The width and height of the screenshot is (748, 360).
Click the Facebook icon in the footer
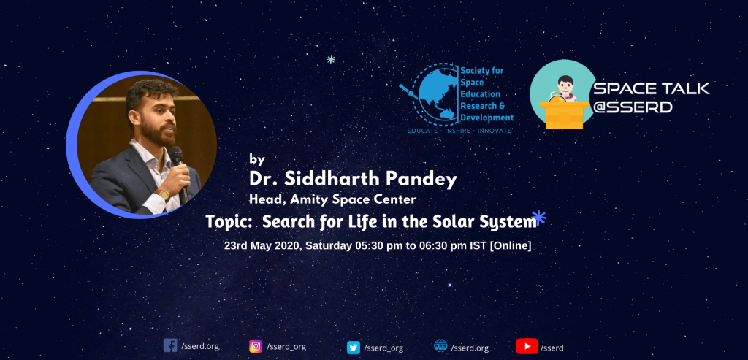[169, 345]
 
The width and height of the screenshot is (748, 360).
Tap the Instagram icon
[256, 345]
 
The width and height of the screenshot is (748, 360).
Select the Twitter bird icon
[354, 348]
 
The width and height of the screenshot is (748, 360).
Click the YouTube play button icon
[527, 346]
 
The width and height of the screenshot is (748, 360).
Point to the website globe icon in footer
[440, 345]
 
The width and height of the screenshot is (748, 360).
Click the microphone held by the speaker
[180, 175]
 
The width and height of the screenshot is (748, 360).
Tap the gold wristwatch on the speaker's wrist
[164, 194]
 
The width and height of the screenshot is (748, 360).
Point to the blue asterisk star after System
[538, 218]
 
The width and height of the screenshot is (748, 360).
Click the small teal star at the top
[331, 60]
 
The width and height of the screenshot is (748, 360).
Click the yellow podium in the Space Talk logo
[565, 114]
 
